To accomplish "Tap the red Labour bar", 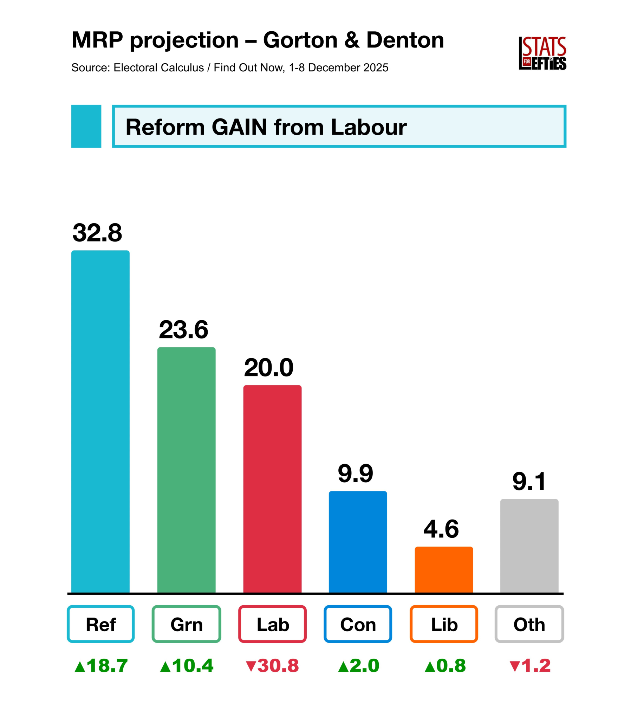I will click(x=272, y=489).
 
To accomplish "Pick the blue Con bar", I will click(x=358, y=542).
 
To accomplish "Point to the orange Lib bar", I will click(x=444, y=569).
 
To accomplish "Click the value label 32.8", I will click(x=97, y=233).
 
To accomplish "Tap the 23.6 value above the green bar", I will click(x=183, y=330).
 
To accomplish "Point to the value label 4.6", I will click(x=441, y=529).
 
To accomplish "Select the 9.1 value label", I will click(x=529, y=482).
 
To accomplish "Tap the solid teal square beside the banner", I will click(x=86, y=126).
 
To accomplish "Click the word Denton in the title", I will click(x=405, y=40).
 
